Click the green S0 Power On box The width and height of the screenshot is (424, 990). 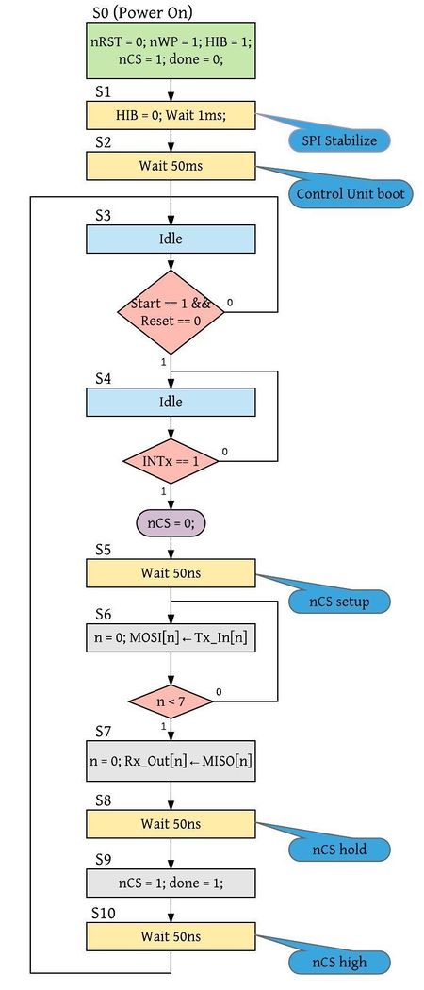pos(171,51)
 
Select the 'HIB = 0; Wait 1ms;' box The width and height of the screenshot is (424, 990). pos(171,116)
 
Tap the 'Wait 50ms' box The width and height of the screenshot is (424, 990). pos(171,166)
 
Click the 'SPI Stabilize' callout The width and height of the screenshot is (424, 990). pos(339,140)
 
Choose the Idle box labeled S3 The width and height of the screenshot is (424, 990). pos(171,239)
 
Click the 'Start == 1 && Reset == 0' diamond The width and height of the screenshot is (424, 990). pos(171,311)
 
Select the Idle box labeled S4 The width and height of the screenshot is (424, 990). pos(171,403)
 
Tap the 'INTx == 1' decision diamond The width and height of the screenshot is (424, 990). pos(171,461)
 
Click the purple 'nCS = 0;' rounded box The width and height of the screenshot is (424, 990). pos(171,523)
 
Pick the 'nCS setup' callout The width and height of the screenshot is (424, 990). pos(339,601)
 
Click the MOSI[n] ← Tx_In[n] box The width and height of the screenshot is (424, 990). pos(171,637)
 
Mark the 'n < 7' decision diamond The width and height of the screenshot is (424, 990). pos(171,701)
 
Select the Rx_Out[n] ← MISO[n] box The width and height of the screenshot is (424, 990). pos(171,761)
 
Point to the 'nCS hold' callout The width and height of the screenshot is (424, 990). pos(339,848)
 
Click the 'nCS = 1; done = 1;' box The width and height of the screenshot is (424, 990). pos(171,883)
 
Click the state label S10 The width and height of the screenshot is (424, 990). pos(104,913)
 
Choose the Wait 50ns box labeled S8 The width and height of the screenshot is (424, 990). pos(171,823)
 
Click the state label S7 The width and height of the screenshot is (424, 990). pos(104,731)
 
